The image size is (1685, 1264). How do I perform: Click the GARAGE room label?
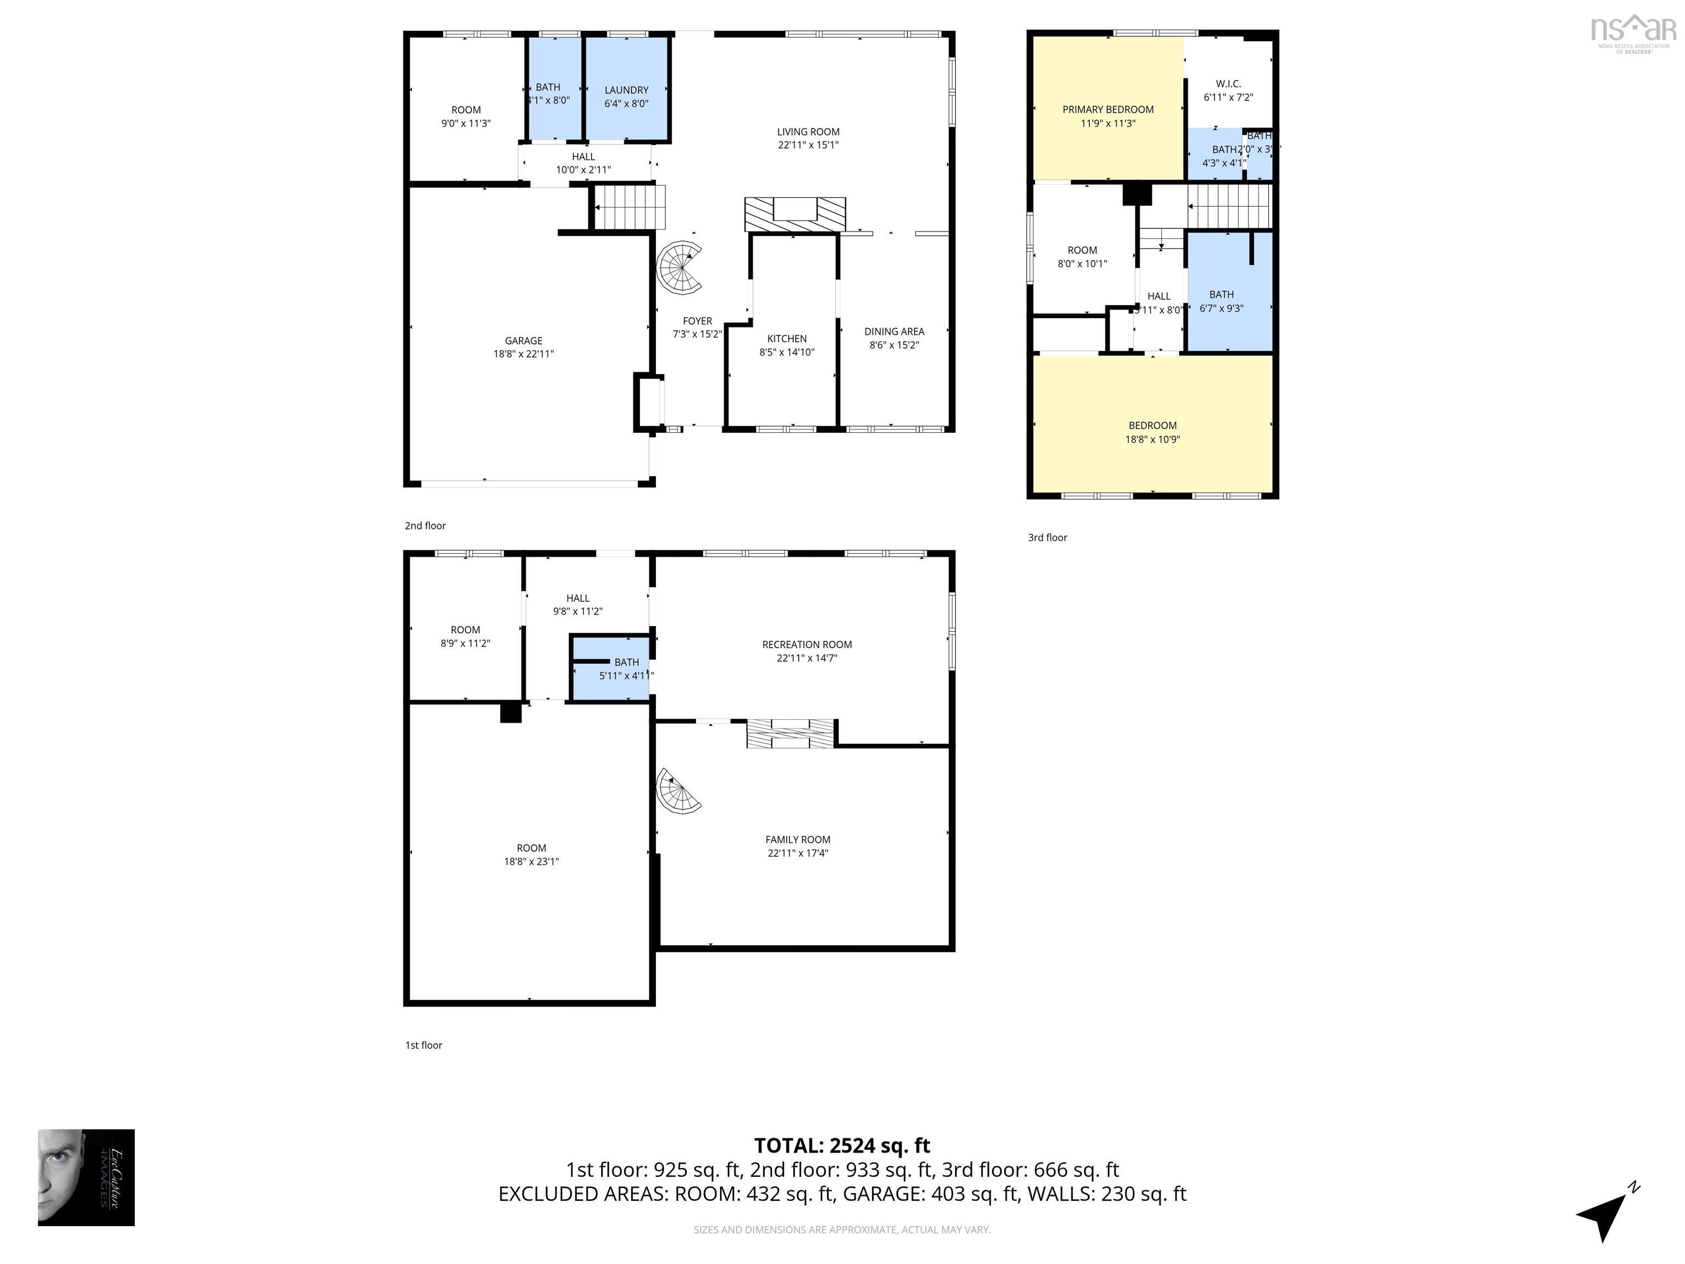(523, 341)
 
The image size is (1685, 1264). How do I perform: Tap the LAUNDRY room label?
(626, 90)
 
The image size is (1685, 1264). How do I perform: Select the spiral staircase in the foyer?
(680, 268)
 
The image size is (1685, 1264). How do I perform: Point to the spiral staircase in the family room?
(678, 792)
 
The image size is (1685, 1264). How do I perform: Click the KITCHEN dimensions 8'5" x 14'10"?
(787, 352)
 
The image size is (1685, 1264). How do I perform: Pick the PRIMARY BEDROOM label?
(1107, 110)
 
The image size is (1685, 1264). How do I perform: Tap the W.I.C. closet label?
(1228, 84)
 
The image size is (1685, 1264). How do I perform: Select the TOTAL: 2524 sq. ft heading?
(842, 1145)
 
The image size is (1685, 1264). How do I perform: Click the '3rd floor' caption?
(1048, 537)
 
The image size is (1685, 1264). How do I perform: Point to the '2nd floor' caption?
(425, 526)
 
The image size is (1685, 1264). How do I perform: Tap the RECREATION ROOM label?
(807, 645)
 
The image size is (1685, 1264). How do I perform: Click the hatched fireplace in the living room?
(795, 214)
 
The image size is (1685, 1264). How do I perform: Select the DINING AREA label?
(894, 331)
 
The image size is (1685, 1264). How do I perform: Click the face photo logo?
(86, 1177)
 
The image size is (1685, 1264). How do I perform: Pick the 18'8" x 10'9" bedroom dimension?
(1152, 439)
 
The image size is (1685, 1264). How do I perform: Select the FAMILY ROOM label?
(798, 839)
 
